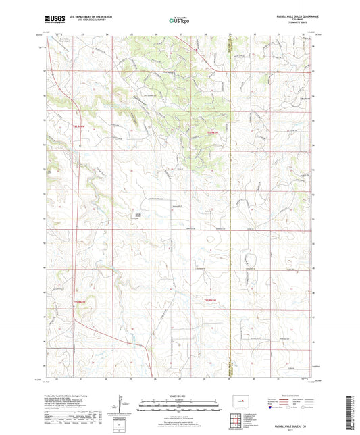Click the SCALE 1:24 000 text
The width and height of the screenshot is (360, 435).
[x=180, y=395]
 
